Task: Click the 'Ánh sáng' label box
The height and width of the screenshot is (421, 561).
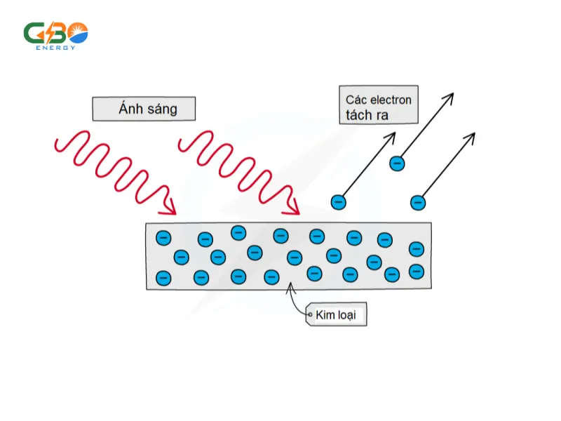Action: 144,109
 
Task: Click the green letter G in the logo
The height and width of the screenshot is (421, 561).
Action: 34,33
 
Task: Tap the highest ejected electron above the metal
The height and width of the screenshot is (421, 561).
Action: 397,163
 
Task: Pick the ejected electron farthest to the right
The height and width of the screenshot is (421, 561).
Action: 418,202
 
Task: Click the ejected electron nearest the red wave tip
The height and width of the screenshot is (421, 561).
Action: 339,202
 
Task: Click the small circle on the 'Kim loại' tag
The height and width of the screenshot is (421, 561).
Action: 310,316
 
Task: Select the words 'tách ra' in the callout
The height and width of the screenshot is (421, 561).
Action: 367,114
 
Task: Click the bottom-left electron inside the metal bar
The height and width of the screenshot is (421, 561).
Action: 163,277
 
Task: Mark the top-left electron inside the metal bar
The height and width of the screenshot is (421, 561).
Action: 163,238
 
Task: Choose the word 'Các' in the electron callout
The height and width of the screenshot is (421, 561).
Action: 358,100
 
